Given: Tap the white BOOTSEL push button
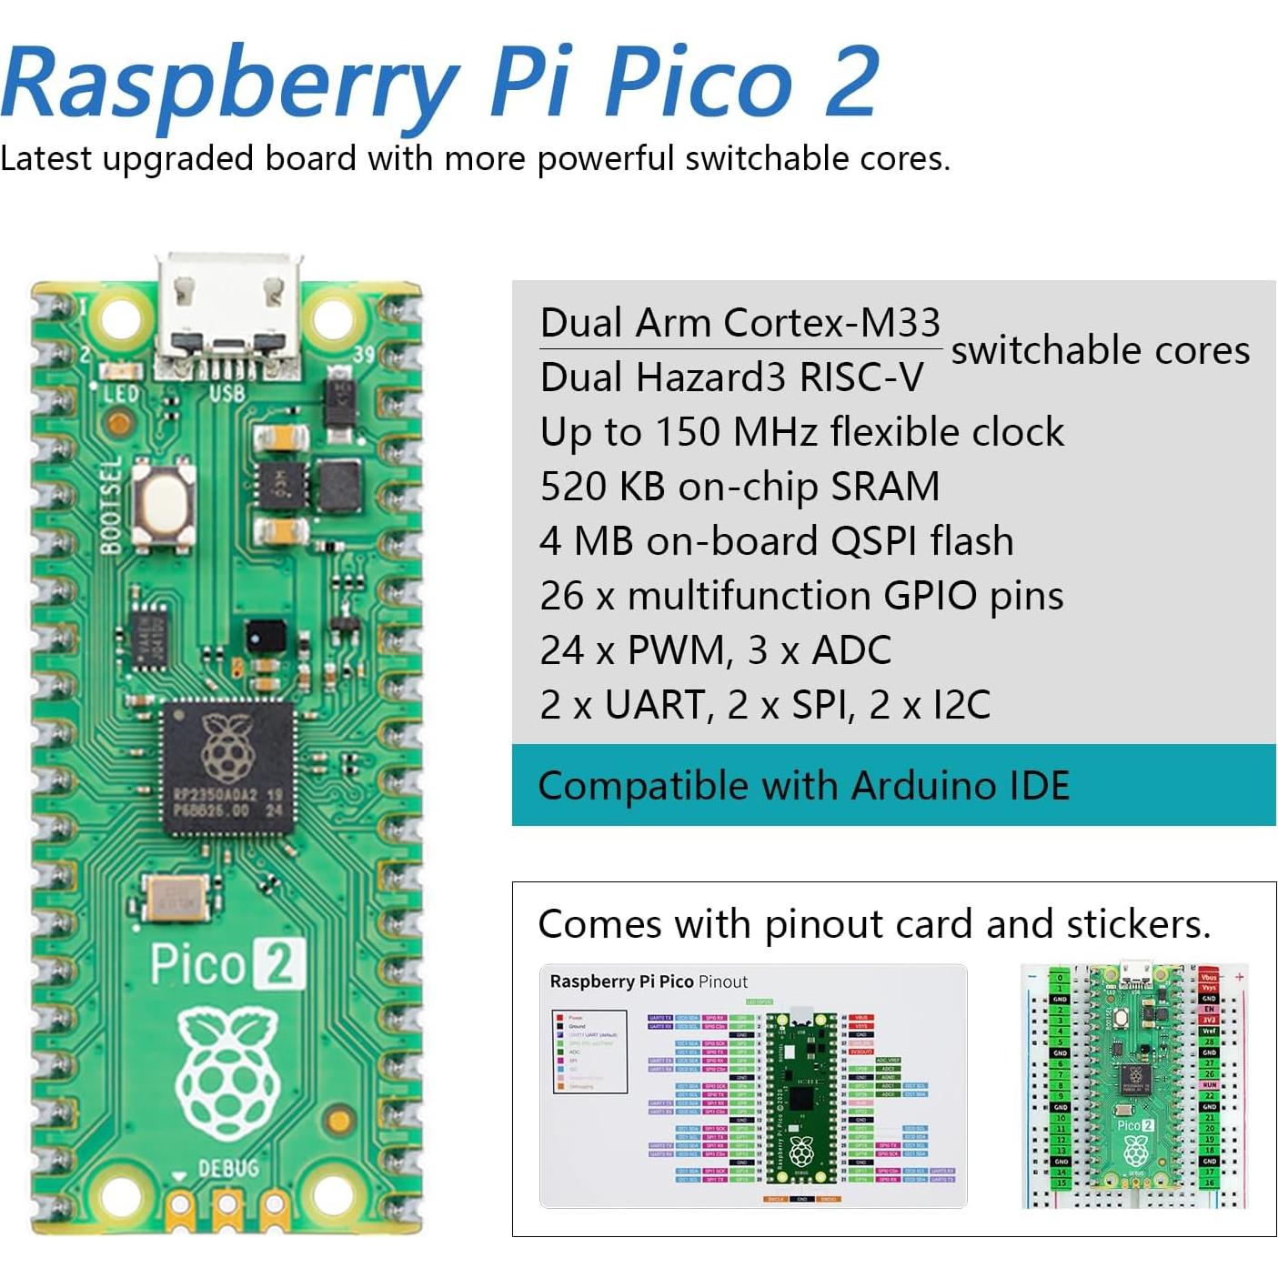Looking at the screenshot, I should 165,502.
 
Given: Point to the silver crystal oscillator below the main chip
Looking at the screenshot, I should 173,898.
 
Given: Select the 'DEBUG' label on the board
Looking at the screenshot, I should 228,1167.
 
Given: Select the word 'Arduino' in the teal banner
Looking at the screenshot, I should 912,786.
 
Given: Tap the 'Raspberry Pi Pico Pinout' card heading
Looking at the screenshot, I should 649,981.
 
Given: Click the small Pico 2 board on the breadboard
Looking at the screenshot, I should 1134,1082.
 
